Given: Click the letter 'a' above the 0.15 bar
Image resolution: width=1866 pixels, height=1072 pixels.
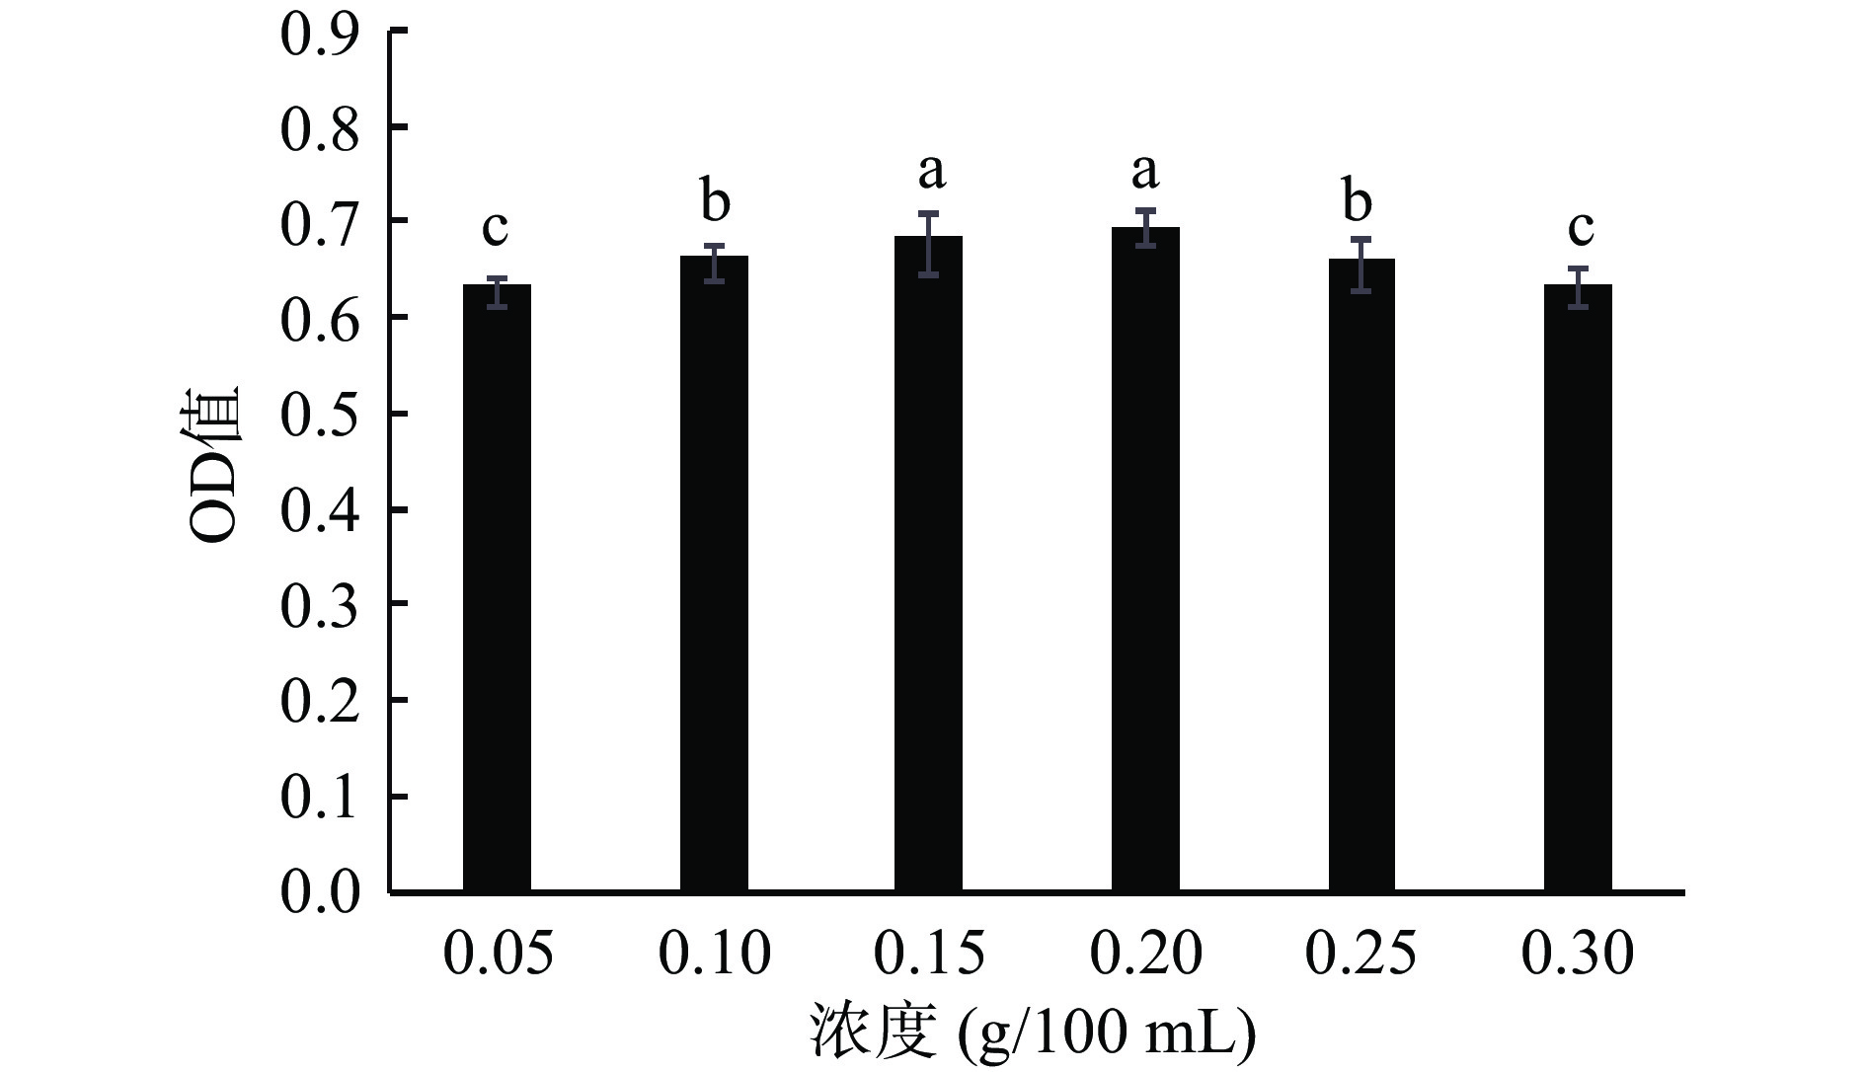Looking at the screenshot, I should (x=931, y=172).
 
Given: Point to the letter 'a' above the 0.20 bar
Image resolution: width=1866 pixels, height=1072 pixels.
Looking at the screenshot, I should (x=1145, y=172).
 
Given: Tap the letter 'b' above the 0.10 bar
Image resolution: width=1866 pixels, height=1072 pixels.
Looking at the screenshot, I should (x=715, y=201).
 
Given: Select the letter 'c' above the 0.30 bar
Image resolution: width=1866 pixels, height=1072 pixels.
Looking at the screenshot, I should (x=1581, y=228).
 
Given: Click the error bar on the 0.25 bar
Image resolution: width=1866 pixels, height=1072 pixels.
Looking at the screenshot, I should (x=1361, y=265).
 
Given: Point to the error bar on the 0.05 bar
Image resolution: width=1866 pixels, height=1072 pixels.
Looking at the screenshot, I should (x=497, y=293).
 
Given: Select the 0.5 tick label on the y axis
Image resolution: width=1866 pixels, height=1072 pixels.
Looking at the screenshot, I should (x=319, y=415).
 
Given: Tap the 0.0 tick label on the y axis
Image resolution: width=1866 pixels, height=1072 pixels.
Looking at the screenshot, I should (x=319, y=892).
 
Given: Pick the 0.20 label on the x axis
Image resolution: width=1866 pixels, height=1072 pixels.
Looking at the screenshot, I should (x=1145, y=954).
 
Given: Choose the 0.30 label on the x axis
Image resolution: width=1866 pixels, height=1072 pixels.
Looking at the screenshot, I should (x=1578, y=954).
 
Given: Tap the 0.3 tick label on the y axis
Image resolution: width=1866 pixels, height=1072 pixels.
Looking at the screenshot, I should (x=319, y=605).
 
